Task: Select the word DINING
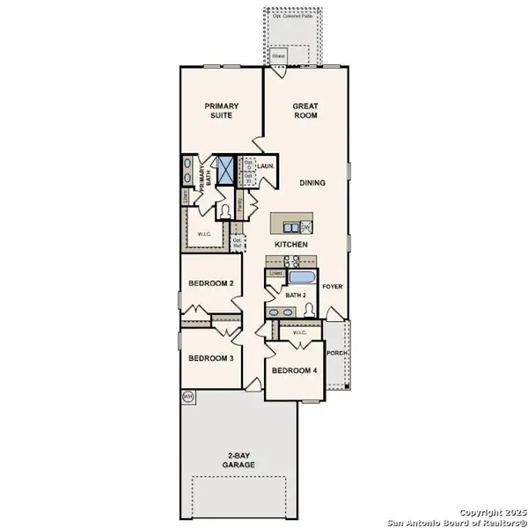pyautogui.click(x=312, y=183)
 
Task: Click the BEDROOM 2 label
pyautogui.click(x=210, y=283)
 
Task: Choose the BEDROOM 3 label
pyautogui.click(x=210, y=358)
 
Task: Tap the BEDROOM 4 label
pyautogui.click(x=294, y=370)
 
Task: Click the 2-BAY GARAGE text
pyautogui.click(x=238, y=459)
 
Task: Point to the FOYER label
pyautogui.click(x=333, y=287)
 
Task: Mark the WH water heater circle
pyautogui.click(x=187, y=398)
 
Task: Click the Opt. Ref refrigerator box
pyautogui.click(x=236, y=240)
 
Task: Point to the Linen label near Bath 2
pyautogui.click(x=275, y=274)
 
